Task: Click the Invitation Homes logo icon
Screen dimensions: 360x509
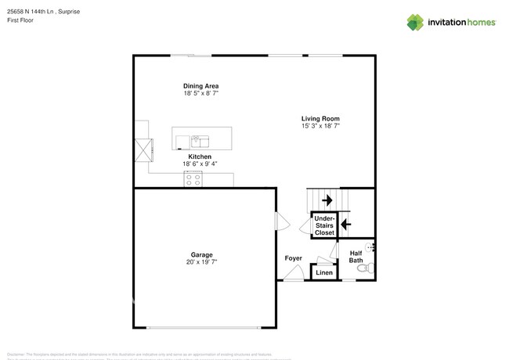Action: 415,22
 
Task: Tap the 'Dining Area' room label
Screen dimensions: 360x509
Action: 200,85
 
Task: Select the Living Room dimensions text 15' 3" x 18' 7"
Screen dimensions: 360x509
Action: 320,126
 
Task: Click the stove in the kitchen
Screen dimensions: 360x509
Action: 193,179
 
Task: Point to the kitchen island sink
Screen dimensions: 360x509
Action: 200,141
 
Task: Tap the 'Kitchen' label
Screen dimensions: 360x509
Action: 200,157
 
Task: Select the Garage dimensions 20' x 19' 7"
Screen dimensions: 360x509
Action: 201,262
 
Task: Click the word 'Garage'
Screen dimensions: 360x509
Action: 201,254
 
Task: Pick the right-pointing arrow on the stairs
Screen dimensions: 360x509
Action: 327,200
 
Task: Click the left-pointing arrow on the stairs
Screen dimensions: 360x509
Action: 345,225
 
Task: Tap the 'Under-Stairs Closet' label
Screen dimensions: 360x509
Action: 324,226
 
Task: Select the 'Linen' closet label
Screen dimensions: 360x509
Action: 323,273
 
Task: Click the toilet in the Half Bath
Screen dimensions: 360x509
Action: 364,268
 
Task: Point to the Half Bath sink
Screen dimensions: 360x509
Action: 371,247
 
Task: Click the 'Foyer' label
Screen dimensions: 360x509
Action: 293,257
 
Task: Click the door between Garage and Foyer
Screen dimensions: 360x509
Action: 277,223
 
